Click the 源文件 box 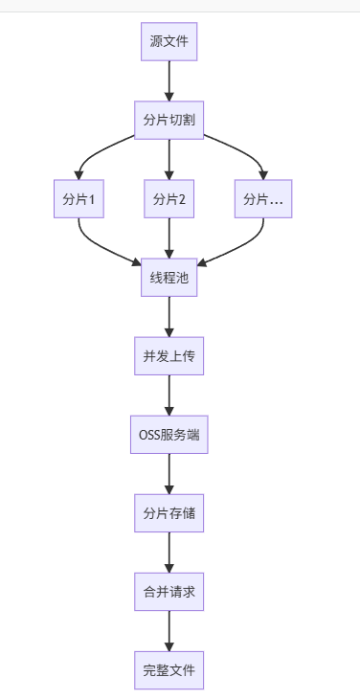[169, 42]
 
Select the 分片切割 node [169, 121]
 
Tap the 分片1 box [79, 199]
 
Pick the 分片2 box [169, 199]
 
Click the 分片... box [262, 199]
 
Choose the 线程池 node [169, 278]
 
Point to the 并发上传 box [169, 356]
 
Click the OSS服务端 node [169, 435]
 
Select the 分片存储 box [169, 513]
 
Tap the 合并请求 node [169, 592]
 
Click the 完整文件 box [169, 670]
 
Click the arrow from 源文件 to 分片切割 [169, 81]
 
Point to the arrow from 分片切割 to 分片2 [169, 160]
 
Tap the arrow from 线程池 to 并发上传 [169, 317]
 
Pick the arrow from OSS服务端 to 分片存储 [169, 474]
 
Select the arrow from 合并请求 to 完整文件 [169, 631]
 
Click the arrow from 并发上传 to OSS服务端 [169, 395]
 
